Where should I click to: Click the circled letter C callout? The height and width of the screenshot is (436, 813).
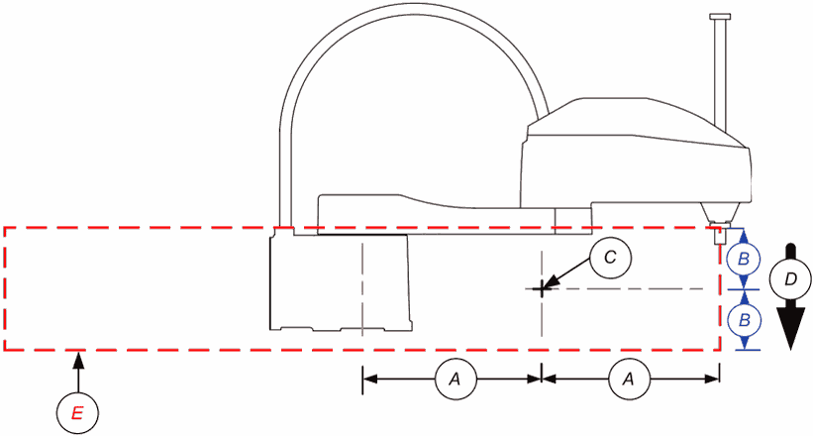tap(610, 258)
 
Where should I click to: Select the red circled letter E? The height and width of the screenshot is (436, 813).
tap(77, 413)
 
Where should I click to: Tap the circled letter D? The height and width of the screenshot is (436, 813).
tap(790, 280)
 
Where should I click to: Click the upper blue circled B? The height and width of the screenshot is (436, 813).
tap(744, 260)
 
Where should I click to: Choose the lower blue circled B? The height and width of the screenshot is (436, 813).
tap(744, 321)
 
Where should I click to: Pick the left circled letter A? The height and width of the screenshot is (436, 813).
tap(455, 380)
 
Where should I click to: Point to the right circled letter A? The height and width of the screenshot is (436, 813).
tap(629, 380)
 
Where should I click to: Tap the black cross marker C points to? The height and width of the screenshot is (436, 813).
tap(542, 288)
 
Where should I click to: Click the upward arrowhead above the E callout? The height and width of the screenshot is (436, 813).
tap(78, 361)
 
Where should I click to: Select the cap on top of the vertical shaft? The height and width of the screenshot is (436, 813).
tap(719, 17)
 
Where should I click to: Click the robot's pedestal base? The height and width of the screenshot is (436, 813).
tap(341, 281)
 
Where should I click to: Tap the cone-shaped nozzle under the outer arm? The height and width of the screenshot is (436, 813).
tap(720, 212)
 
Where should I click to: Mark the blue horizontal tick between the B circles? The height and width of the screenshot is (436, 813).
tap(744, 289)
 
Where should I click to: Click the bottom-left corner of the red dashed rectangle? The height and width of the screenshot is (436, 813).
tap(5, 350)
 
